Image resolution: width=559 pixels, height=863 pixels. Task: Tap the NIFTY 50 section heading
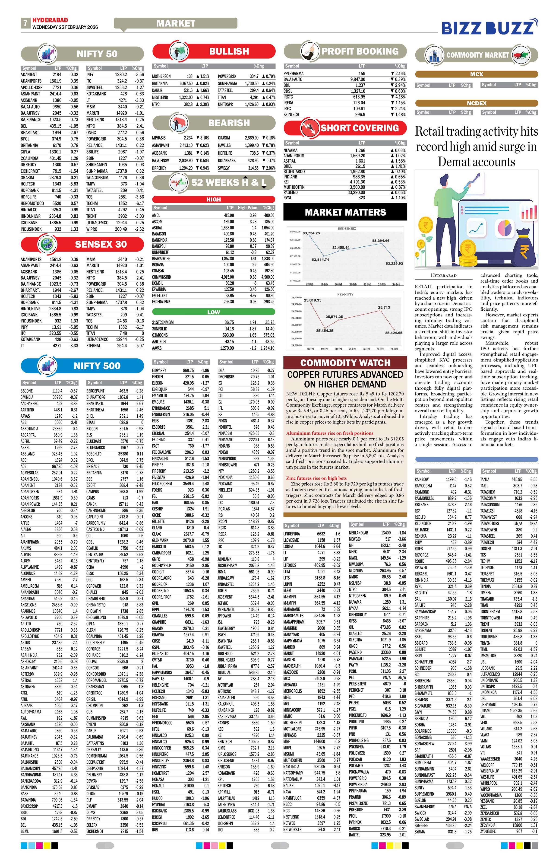tap(97, 54)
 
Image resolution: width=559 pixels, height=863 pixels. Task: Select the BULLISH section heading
tap(229, 51)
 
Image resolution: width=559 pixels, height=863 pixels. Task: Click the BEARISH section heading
tap(229, 123)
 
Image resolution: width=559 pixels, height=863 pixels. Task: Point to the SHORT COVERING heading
tap(359, 128)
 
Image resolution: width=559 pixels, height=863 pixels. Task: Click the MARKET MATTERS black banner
tap(345, 212)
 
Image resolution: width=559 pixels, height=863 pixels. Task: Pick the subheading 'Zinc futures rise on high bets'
tap(316, 478)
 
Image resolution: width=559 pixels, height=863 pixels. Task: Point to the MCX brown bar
tap(476, 74)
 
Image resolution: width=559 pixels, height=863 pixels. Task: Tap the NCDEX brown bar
tap(476, 103)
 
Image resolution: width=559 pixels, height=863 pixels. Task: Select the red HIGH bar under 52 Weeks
tap(213, 199)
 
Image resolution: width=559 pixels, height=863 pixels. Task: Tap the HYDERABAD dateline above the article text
tap(443, 276)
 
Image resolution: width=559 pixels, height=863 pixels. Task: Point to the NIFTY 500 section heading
tap(97, 366)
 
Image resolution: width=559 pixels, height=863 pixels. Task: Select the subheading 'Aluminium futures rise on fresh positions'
tap(330, 433)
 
